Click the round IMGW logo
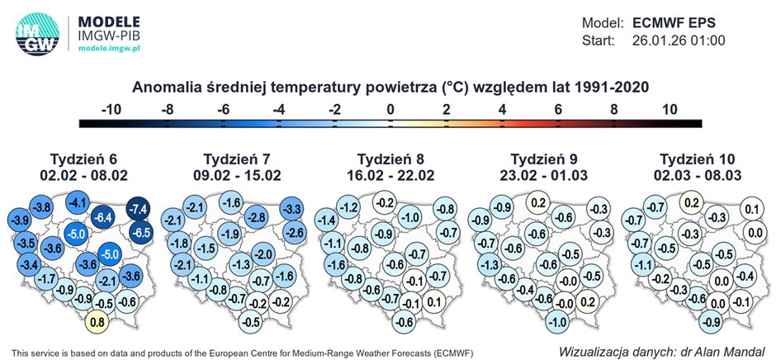[38, 33]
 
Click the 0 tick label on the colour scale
[390, 110]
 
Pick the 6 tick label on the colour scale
[558, 110]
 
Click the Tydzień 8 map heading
[390, 159]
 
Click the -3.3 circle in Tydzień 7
[291, 209]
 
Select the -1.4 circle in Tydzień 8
[327, 220]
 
